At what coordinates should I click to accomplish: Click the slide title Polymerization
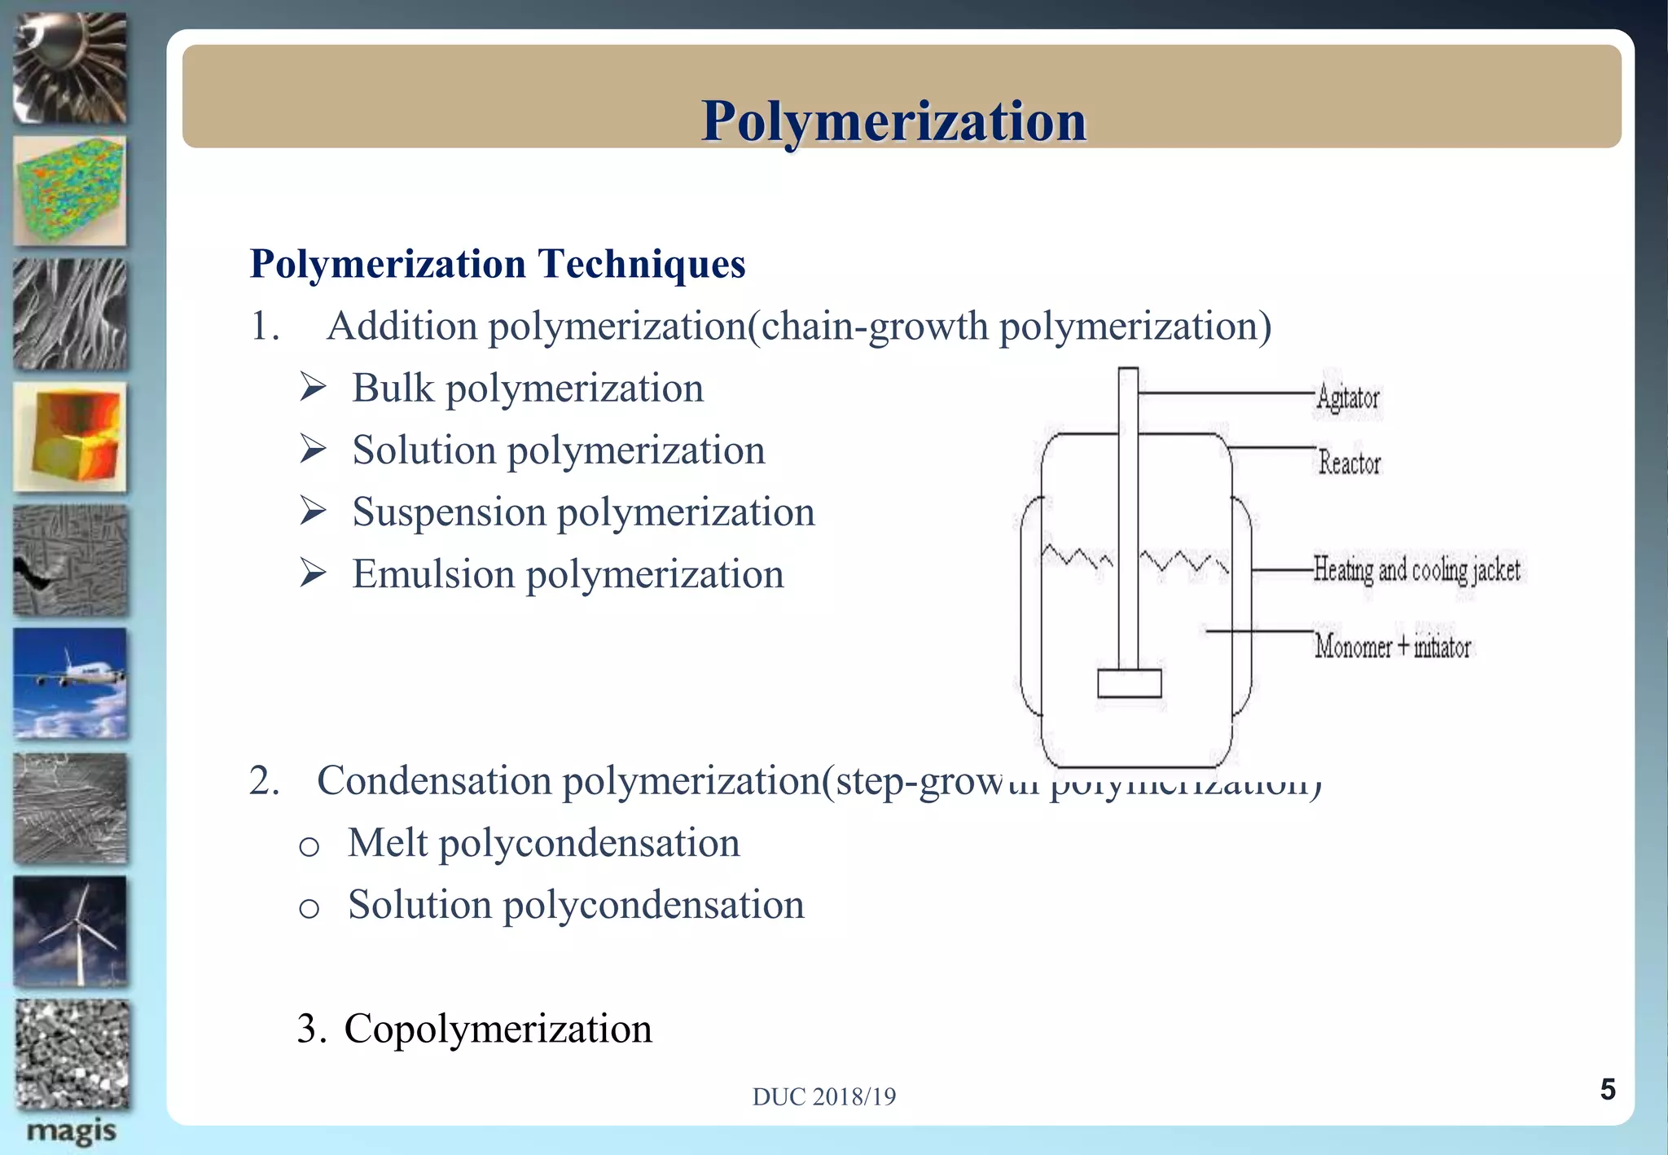[x=893, y=121]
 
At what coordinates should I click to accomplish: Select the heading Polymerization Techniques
[x=497, y=264]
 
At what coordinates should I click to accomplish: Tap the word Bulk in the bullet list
[x=393, y=388]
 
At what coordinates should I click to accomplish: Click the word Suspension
[x=449, y=513]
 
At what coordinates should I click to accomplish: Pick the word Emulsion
[x=433, y=574]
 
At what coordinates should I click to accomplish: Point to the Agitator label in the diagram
[x=1348, y=398]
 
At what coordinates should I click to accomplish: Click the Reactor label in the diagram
[x=1350, y=463]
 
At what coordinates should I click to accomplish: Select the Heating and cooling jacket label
[x=1416, y=570]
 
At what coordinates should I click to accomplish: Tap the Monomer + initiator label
[x=1392, y=647]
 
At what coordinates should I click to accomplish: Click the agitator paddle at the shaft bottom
[x=1129, y=683]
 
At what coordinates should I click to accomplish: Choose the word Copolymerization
[x=498, y=1029]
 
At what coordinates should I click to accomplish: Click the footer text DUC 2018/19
[x=823, y=1096]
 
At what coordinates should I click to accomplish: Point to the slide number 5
[x=1607, y=1089]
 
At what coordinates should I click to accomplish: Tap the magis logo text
[x=71, y=1131]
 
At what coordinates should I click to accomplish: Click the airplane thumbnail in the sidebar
[x=71, y=683]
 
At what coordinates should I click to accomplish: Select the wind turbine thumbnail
[x=71, y=931]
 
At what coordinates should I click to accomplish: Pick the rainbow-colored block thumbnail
[x=71, y=191]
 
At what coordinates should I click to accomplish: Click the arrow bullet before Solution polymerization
[x=313, y=450]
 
